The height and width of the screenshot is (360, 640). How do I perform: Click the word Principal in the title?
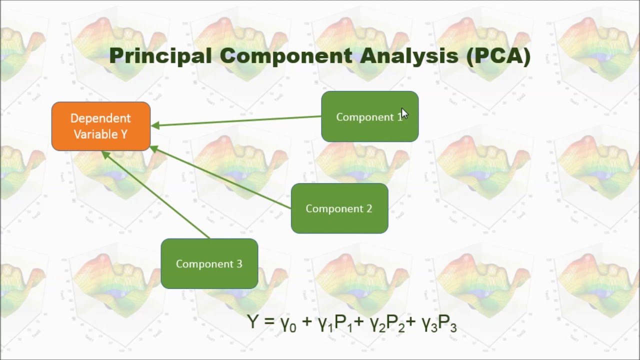click(160, 56)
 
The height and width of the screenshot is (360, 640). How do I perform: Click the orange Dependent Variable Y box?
click(100, 126)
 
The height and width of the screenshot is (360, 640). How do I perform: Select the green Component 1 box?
click(369, 116)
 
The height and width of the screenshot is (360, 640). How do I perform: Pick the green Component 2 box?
click(339, 208)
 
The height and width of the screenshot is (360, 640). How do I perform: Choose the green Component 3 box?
click(209, 263)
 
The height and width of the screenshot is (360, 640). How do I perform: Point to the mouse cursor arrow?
click(404, 113)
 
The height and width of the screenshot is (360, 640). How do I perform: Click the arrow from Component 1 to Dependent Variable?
click(235, 121)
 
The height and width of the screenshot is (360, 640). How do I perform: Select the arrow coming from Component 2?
click(220, 177)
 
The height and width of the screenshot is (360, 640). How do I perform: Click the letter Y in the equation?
click(253, 321)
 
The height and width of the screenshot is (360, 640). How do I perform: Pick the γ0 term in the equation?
click(288, 324)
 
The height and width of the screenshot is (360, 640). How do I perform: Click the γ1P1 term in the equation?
click(335, 324)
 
